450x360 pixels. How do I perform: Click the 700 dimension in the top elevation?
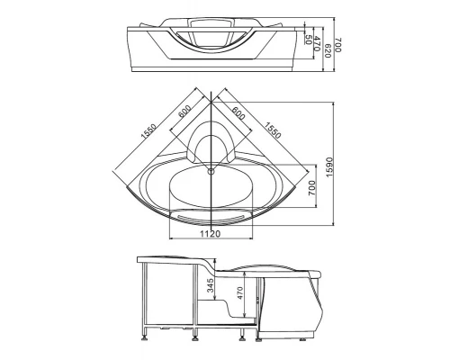point(338,45)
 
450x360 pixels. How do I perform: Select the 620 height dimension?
point(328,51)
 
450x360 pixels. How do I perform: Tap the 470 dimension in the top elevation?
point(317,43)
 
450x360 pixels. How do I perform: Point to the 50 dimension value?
point(308,40)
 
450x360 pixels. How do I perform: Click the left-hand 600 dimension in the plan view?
point(184,112)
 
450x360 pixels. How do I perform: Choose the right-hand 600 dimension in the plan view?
point(238,113)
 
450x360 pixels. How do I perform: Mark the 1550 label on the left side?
point(148,131)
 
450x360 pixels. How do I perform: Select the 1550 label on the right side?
point(273,130)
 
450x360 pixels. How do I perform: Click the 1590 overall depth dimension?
point(329,167)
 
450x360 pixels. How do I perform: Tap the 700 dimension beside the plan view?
point(312,188)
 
